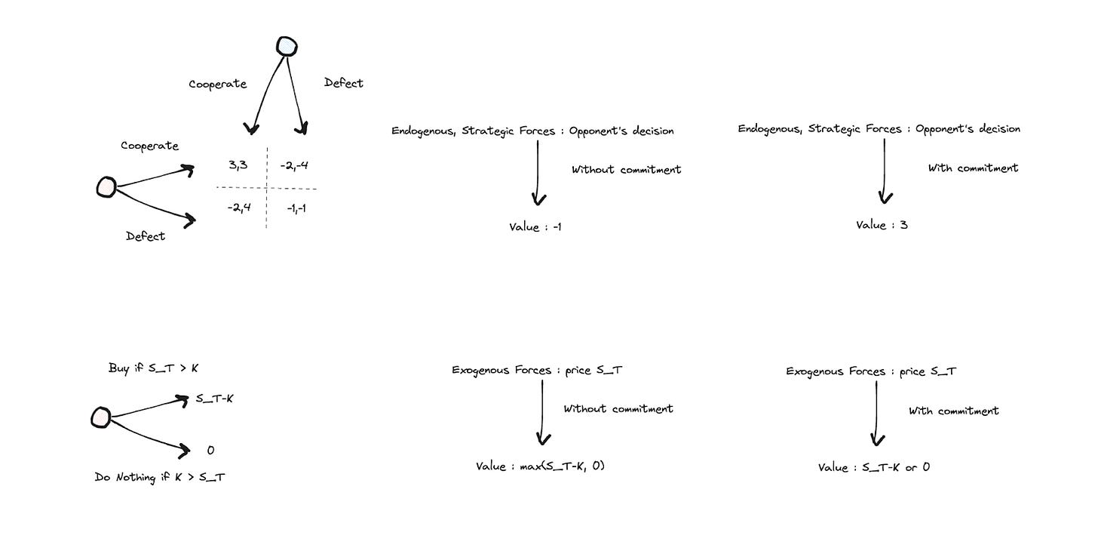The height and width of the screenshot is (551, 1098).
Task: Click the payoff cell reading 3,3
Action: tap(237, 164)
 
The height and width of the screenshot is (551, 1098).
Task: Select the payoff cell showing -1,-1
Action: tap(296, 208)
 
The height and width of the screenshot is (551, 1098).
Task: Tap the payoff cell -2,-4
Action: tap(293, 164)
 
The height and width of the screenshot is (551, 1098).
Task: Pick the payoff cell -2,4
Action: tap(239, 207)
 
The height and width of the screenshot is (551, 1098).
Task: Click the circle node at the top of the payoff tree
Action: tap(287, 47)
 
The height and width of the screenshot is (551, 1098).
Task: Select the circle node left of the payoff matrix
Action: tap(106, 186)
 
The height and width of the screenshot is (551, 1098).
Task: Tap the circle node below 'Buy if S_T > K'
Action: tap(100, 416)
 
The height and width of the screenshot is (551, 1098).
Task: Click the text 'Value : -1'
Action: tap(535, 226)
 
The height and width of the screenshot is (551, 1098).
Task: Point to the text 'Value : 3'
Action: tap(882, 224)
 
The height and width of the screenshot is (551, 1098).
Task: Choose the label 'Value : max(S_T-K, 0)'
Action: tap(540, 466)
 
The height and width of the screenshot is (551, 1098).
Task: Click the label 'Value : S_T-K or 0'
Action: tap(873, 467)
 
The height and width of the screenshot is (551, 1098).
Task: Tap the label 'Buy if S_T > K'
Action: tap(153, 368)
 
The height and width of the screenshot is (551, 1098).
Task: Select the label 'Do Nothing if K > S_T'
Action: tap(159, 477)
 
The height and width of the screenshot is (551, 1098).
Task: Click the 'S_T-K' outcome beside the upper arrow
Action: tap(214, 398)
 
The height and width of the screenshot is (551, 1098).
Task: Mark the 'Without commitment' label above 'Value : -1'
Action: tap(626, 170)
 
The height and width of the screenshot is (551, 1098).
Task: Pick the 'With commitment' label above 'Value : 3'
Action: tap(973, 168)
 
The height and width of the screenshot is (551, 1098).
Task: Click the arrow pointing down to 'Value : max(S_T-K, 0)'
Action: tap(542, 411)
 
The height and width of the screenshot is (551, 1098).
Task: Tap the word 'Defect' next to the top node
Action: tap(343, 83)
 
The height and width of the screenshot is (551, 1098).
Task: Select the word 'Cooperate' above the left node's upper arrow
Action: tap(150, 146)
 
